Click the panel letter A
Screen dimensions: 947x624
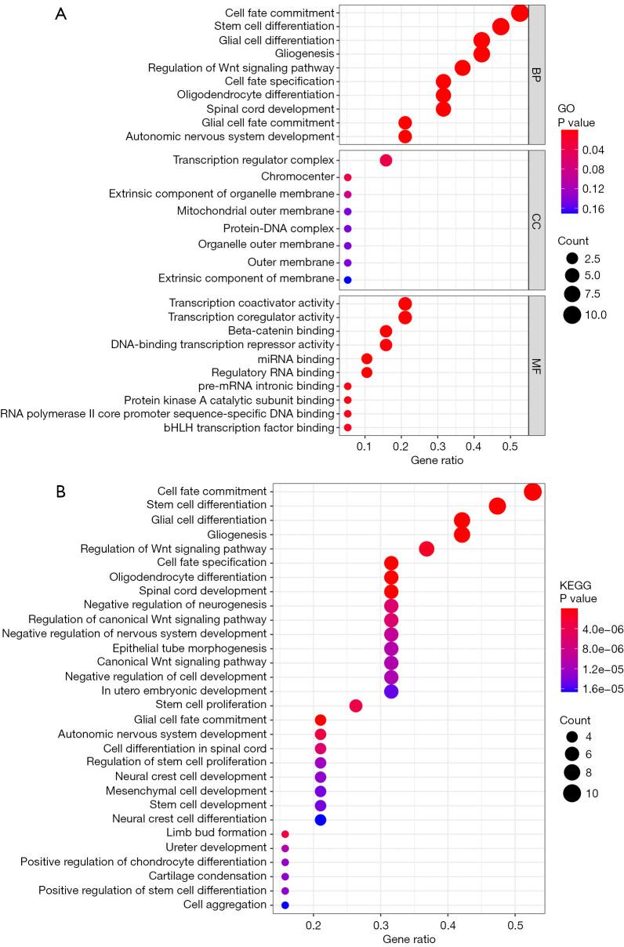coord(60,15)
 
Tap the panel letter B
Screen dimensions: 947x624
coord(60,491)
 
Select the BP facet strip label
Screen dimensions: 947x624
coord(537,75)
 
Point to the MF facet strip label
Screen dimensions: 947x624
coord(537,365)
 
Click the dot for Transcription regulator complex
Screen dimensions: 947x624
coord(386,160)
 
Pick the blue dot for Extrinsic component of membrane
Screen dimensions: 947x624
coord(347,280)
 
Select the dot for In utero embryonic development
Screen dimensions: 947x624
coord(391,691)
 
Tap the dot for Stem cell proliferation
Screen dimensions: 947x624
coord(355,706)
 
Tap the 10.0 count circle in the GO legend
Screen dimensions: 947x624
coord(571,315)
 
